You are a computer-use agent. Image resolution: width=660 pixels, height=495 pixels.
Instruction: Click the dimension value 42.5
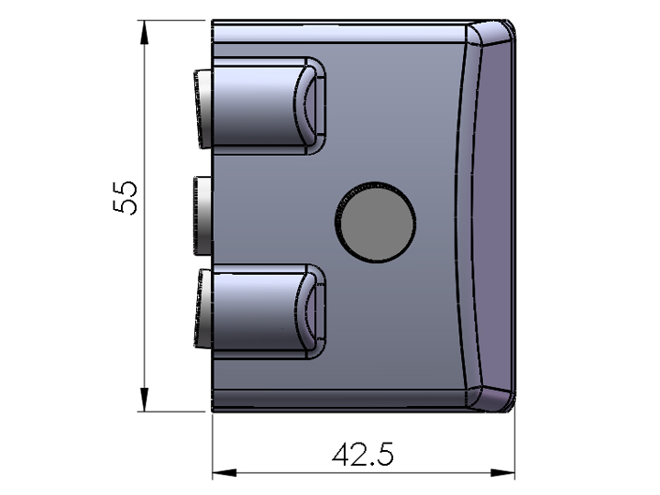[x=363, y=455]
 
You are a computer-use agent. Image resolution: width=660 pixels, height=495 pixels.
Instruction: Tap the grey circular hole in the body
[x=375, y=218]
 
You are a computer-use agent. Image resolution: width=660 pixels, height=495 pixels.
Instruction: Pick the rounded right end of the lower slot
[x=314, y=310]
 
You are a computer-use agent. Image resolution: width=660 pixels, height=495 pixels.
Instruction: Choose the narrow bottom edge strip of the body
[x=339, y=401]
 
